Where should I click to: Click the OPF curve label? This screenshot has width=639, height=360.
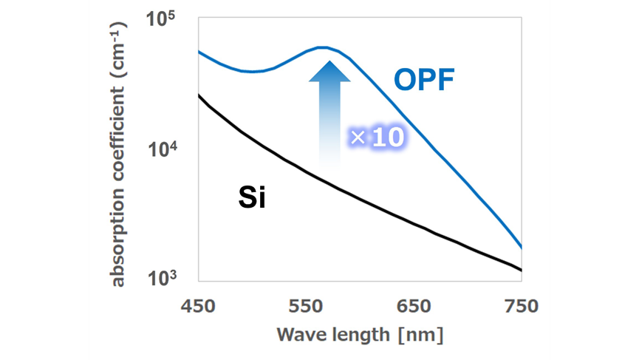[423, 79]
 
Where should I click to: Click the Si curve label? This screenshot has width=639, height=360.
[252, 198]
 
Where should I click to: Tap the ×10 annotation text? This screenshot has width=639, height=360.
[377, 138]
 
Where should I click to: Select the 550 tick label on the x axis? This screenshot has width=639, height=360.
[304, 306]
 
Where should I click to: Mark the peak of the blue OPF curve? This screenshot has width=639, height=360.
[323, 47]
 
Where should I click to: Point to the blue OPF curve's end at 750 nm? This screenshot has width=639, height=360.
[522, 248]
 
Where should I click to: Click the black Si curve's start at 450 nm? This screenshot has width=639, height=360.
[198, 95]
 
